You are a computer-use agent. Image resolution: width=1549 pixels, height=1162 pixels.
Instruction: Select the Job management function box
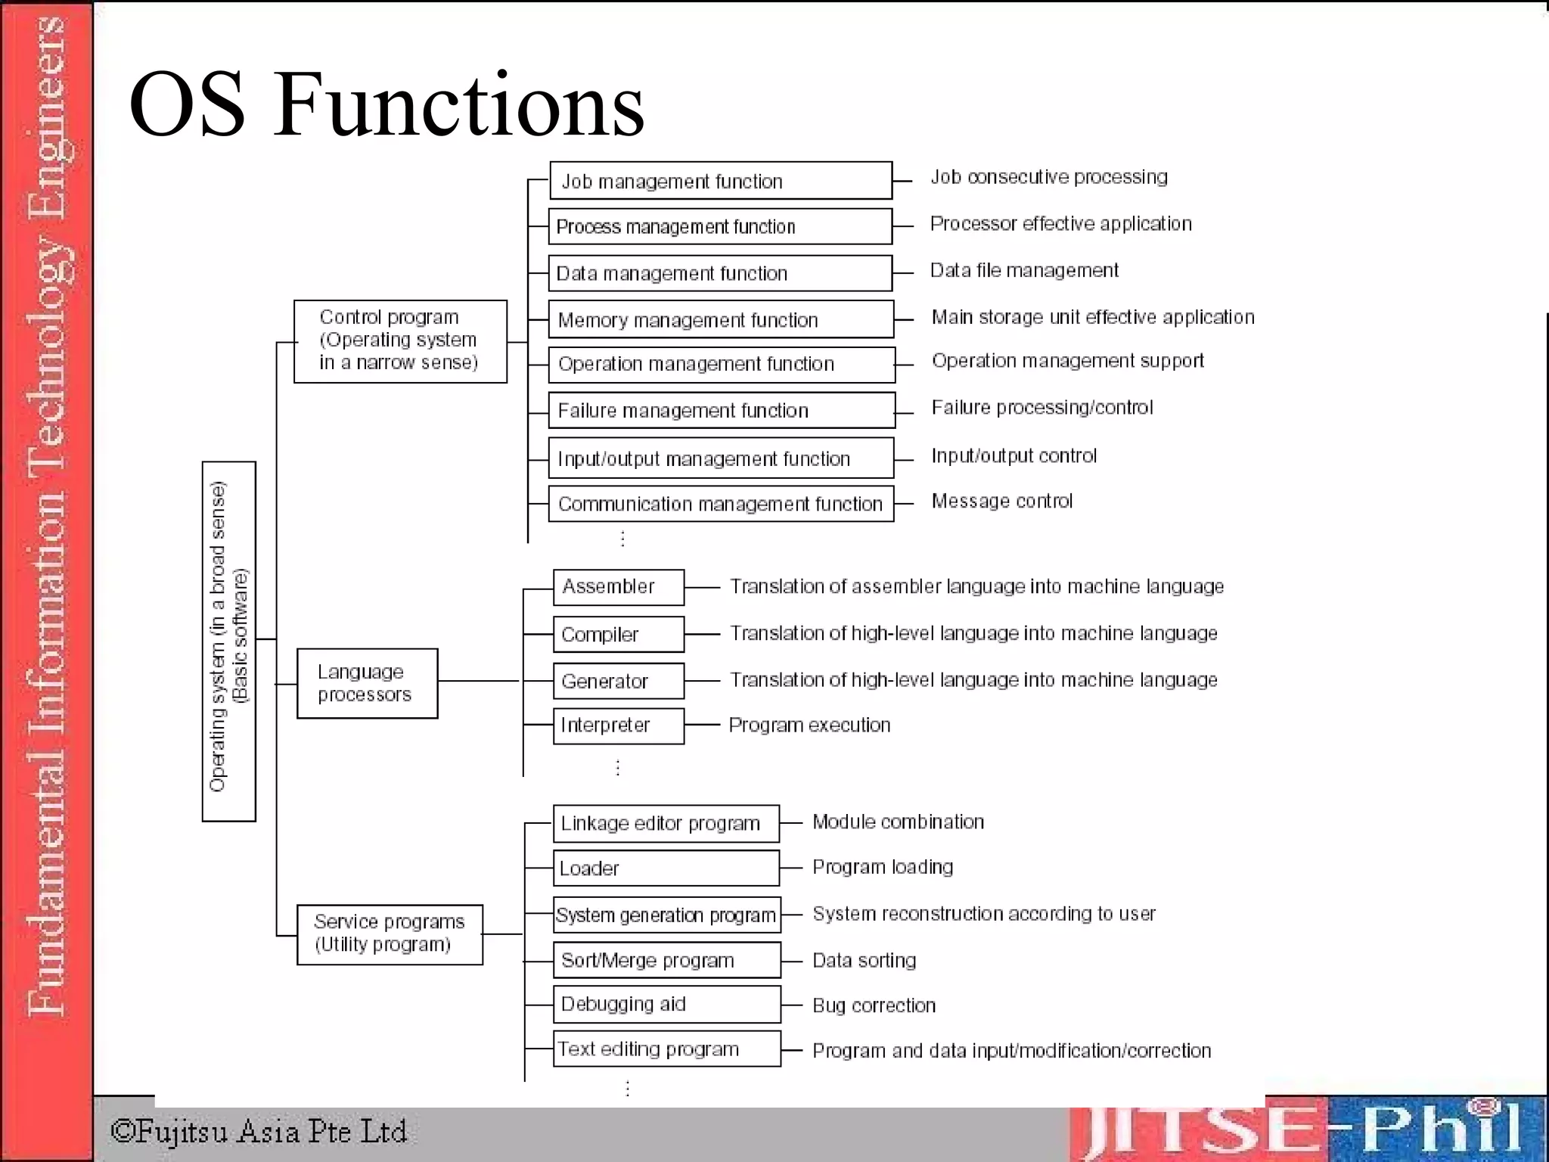pyautogui.click(x=720, y=181)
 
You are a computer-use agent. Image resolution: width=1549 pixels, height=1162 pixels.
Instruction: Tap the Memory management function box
pyautogui.click(x=721, y=319)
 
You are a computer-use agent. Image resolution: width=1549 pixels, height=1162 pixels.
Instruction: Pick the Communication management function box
pyautogui.click(x=721, y=504)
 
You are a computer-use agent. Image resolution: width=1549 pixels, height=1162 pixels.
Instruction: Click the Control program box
pyautogui.click(x=400, y=341)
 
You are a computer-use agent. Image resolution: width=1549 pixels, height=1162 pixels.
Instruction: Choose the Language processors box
pyautogui.click(x=367, y=683)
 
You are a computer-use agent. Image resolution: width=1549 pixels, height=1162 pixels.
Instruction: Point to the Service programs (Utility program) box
pyautogui.click(x=390, y=934)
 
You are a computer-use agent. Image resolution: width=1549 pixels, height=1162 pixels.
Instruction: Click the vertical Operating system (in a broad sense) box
pyautogui.click(x=228, y=641)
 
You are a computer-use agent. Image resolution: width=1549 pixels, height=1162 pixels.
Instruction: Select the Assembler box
pyautogui.click(x=618, y=587)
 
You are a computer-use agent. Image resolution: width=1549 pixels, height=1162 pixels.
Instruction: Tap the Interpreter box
pyautogui.click(x=618, y=725)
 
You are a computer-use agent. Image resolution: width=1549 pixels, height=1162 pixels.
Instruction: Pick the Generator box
pyautogui.click(x=618, y=681)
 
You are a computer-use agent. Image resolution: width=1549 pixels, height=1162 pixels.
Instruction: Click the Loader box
pyautogui.click(x=666, y=868)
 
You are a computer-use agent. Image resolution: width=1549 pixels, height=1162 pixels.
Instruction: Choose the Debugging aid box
pyautogui.click(x=666, y=1004)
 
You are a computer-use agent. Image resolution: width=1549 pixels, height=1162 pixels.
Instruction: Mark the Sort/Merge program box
pyautogui.click(x=666, y=960)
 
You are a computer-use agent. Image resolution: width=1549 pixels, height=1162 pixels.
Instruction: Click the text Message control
pyautogui.click(x=1001, y=501)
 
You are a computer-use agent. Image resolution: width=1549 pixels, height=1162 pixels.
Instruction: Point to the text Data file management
pyautogui.click(x=1024, y=270)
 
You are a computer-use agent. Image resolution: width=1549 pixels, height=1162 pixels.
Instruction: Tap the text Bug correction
pyautogui.click(x=874, y=1005)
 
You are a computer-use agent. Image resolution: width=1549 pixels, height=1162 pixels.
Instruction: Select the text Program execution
pyautogui.click(x=809, y=725)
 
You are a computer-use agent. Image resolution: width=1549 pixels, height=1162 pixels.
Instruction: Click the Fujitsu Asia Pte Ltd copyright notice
pyautogui.click(x=259, y=1132)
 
